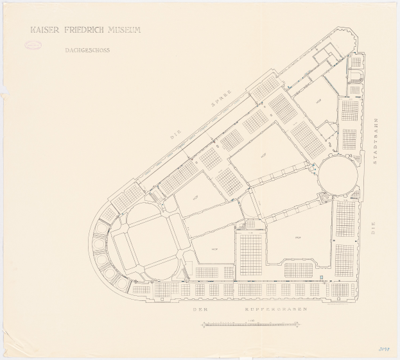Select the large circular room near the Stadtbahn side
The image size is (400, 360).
tap(337, 174)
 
